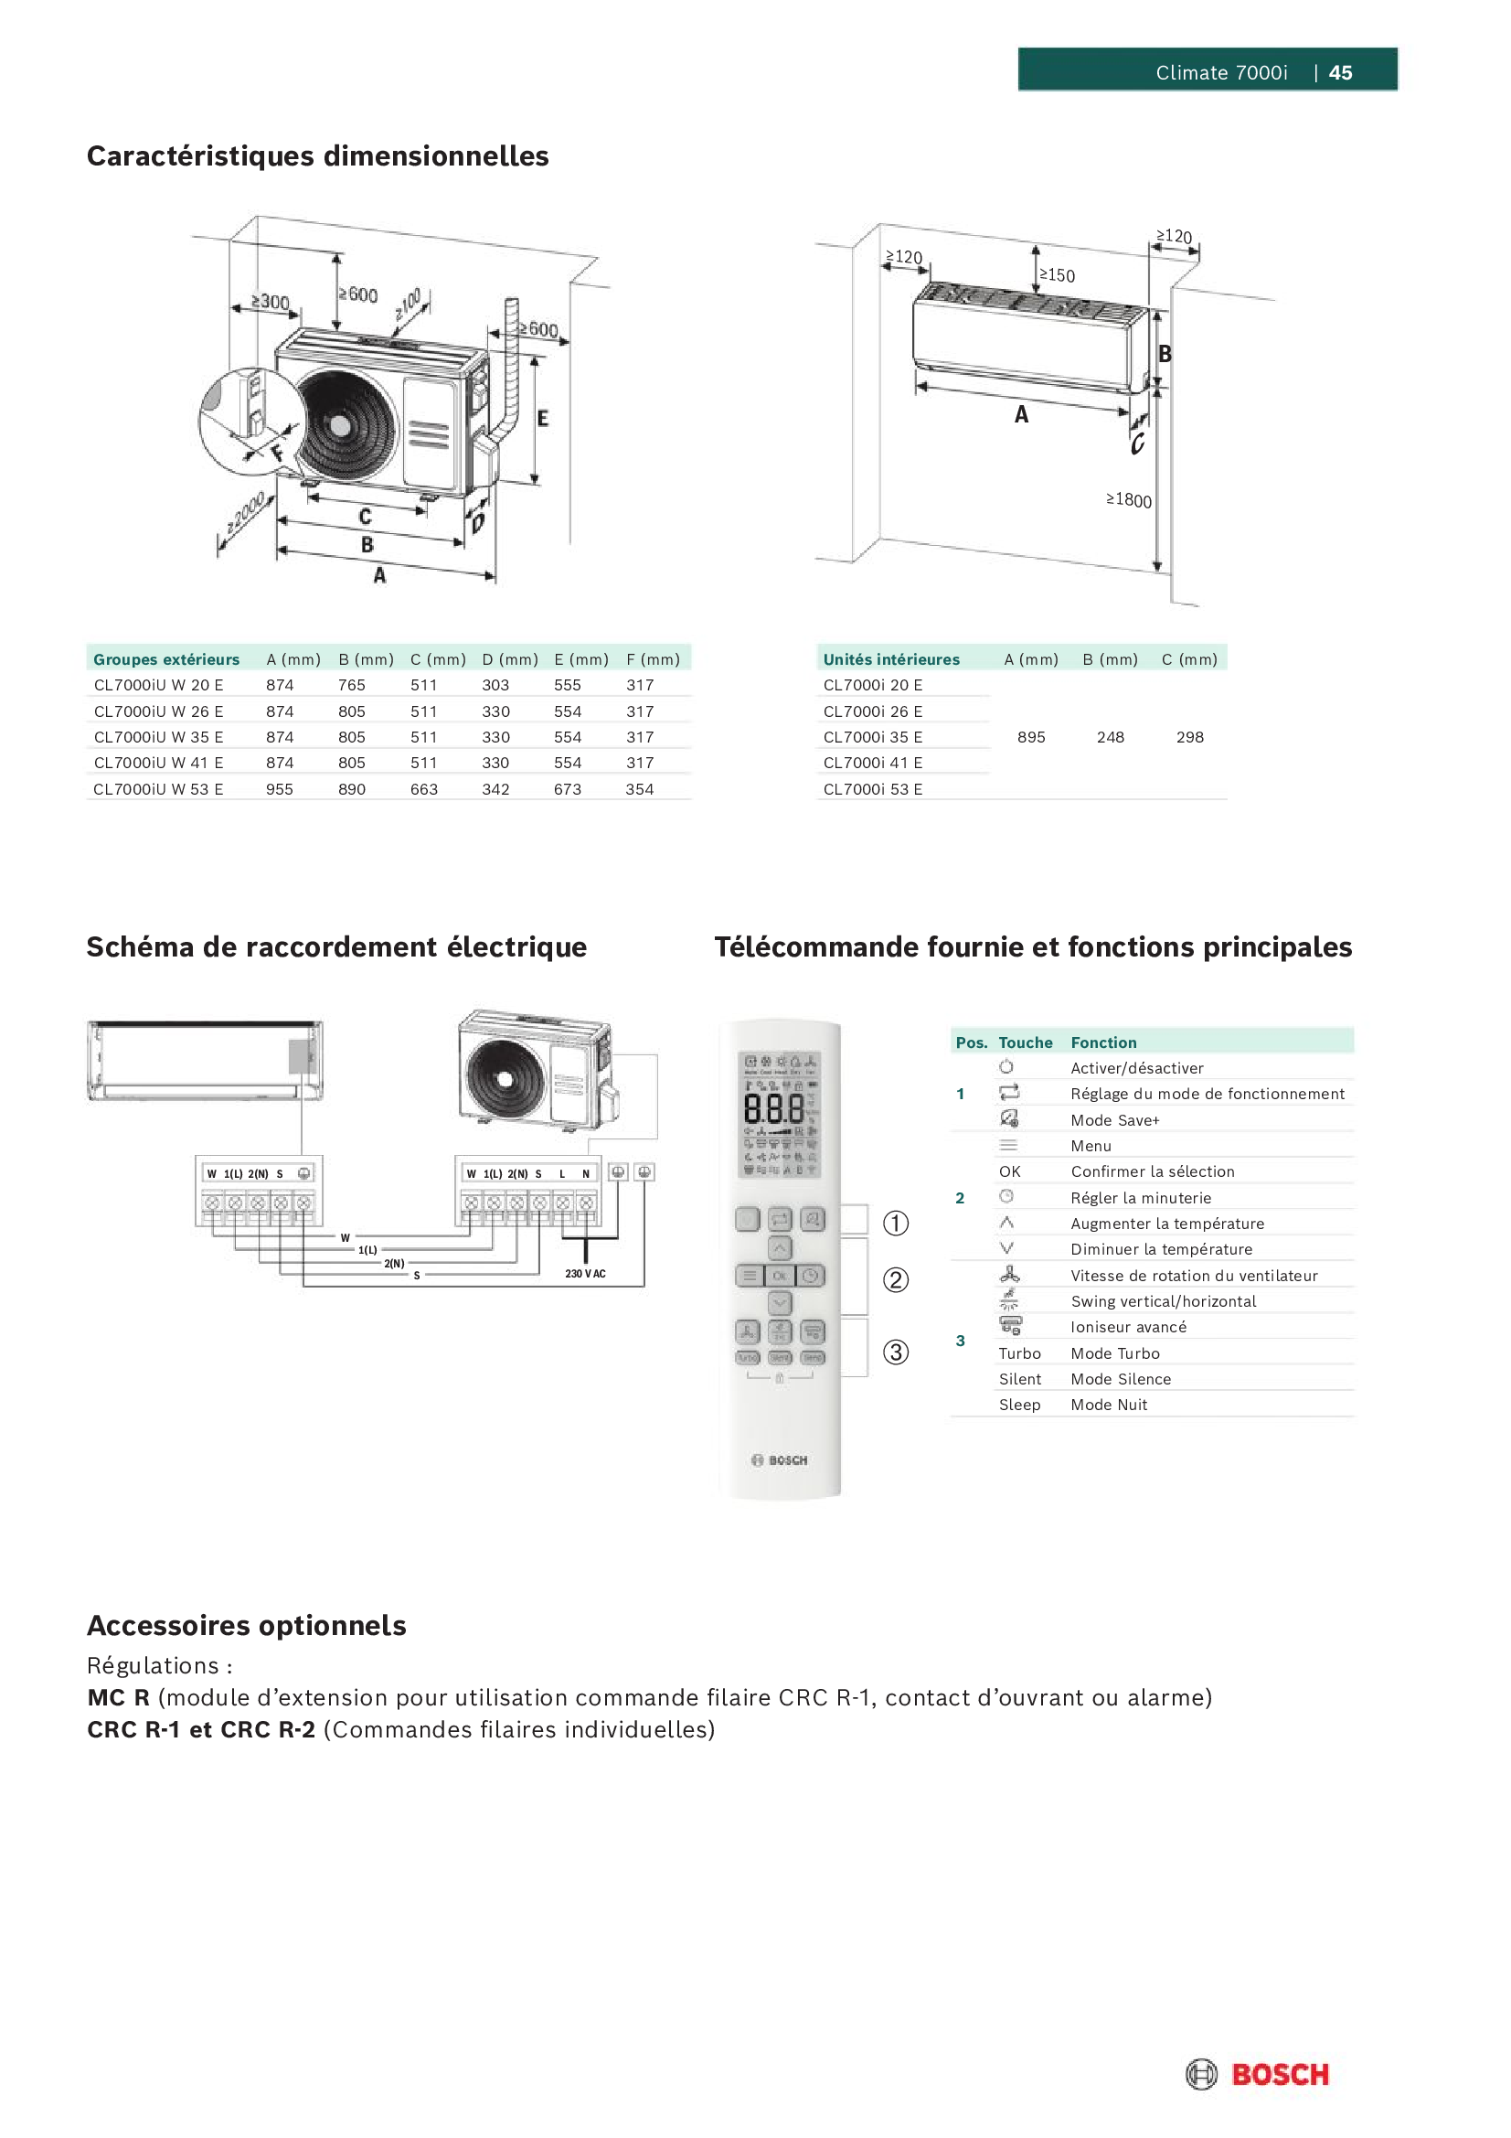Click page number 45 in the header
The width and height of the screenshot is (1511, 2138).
(1340, 72)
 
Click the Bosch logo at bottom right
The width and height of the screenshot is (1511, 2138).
(1258, 2074)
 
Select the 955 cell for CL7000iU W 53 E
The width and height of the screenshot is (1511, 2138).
(280, 788)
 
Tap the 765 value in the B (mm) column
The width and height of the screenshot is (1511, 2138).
(352, 684)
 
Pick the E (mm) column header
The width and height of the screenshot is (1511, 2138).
(581, 659)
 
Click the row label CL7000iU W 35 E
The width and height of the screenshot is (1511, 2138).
(158, 736)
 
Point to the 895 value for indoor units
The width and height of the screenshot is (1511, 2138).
(1030, 736)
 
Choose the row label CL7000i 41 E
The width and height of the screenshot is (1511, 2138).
(872, 763)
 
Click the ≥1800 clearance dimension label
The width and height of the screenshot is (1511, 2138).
(1128, 500)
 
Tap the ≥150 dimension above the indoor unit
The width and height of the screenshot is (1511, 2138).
(1057, 274)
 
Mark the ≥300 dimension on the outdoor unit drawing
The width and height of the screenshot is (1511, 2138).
(271, 301)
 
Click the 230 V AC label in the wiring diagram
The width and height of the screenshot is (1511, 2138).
(585, 1273)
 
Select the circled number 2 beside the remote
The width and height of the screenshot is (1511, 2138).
(896, 1279)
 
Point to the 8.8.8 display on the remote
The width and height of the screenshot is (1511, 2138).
(773, 1109)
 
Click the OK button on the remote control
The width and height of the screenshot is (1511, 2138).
(779, 1276)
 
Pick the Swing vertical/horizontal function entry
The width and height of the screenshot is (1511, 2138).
(1163, 1301)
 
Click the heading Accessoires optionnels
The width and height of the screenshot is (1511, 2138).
(247, 1625)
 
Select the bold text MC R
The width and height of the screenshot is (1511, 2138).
(118, 1697)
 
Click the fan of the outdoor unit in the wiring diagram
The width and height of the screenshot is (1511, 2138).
(505, 1078)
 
